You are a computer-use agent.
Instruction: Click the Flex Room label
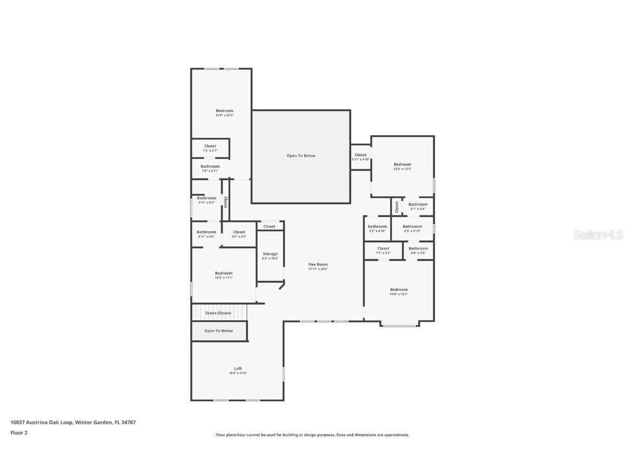click(x=318, y=264)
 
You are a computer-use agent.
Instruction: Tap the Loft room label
click(x=238, y=369)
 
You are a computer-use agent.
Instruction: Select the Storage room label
click(x=270, y=253)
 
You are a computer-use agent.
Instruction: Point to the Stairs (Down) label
click(x=218, y=313)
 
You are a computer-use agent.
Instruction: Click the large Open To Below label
click(x=301, y=156)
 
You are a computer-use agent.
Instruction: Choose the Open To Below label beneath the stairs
click(x=219, y=331)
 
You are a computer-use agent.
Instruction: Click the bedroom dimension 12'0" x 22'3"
click(x=224, y=115)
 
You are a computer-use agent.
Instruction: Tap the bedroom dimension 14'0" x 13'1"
click(x=399, y=294)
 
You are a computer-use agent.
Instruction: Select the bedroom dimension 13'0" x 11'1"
click(x=224, y=278)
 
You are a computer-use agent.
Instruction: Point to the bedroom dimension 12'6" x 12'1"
click(x=403, y=169)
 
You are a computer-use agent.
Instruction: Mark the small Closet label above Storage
click(x=269, y=226)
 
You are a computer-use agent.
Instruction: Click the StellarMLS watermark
click(x=598, y=235)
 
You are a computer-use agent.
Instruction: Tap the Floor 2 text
click(x=18, y=433)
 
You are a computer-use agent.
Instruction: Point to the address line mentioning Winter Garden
click(x=73, y=422)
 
